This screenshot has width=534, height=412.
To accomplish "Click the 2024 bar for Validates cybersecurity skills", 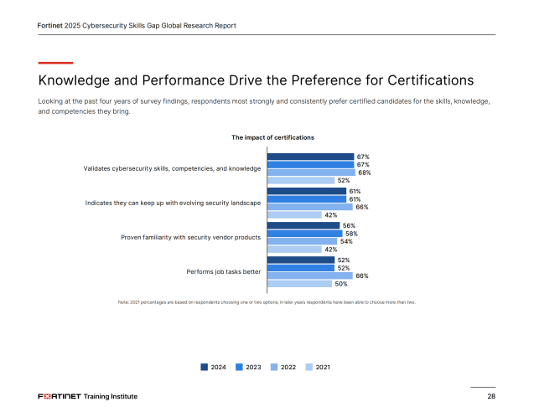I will click(x=310, y=157).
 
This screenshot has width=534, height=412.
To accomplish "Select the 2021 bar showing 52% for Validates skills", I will click(x=300, y=180).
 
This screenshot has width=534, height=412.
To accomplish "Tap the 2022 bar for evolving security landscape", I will click(x=309, y=207).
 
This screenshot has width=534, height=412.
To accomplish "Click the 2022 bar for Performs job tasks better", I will click(x=309, y=276).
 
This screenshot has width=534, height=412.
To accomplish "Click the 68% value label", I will click(x=364, y=173).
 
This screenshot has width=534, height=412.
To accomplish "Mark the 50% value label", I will click(x=341, y=284).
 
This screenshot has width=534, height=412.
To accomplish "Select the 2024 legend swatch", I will click(x=204, y=367).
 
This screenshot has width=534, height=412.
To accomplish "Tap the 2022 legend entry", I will click(x=283, y=367).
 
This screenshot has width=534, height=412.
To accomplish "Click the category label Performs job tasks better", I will click(x=223, y=271).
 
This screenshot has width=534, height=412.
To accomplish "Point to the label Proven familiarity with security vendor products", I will click(x=191, y=237).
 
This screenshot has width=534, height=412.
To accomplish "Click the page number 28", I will click(x=490, y=395).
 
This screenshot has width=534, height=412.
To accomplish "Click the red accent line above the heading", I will click(x=55, y=62).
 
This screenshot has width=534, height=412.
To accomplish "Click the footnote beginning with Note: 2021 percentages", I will click(x=267, y=301).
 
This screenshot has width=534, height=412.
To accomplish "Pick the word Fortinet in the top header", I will click(x=54, y=25).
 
